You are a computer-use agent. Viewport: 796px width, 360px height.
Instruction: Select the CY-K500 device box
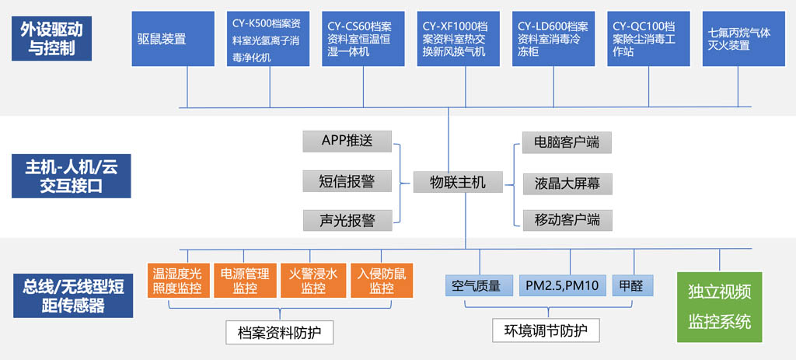coord(268,39)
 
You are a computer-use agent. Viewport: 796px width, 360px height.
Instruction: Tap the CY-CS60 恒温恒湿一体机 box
coord(364,39)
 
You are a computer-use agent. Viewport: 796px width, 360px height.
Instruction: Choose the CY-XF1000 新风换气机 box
coord(459,39)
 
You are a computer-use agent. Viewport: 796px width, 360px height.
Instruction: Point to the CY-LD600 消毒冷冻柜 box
coord(553,39)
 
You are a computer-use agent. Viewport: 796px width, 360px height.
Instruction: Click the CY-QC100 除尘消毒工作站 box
coord(649,39)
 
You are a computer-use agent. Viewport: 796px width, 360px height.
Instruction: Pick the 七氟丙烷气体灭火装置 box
coord(744,39)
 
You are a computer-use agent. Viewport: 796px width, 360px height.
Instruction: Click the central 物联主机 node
coord(458,182)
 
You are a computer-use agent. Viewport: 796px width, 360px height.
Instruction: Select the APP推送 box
coord(347,142)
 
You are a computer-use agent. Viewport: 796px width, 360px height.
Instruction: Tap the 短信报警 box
coord(347,181)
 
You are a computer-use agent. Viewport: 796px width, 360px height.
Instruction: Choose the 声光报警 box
coord(347,220)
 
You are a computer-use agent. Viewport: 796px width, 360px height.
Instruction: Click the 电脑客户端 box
coord(567,142)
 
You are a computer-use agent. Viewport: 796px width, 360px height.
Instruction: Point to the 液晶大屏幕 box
coord(567,183)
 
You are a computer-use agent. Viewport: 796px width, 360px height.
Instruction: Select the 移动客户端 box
coord(567,220)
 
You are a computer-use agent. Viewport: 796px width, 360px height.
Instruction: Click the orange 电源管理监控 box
coord(245,280)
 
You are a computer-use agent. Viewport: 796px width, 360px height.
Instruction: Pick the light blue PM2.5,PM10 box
coord(563,286)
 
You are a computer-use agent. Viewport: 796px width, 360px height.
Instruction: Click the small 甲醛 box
coord(633,286)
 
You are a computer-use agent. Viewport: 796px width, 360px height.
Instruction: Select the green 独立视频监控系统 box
coord(719,306)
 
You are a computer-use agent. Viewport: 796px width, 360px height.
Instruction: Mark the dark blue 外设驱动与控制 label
coord(52,39)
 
